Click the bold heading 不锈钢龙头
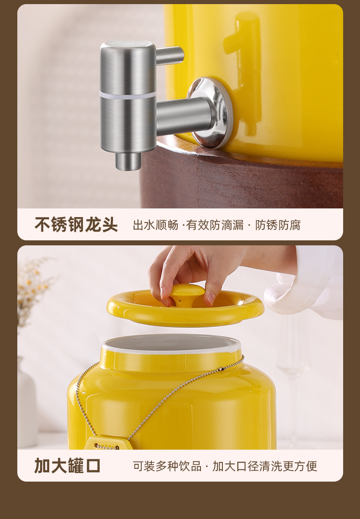[76, 225]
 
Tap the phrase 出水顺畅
[155, 225]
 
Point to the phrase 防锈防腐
[278, 225]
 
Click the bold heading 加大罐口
[67, 466]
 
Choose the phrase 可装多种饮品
[167, 466]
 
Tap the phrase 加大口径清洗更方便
[265, 466]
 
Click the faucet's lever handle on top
[170, 55]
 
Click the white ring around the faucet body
[128, 94]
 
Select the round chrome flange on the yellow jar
[211, 112]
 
